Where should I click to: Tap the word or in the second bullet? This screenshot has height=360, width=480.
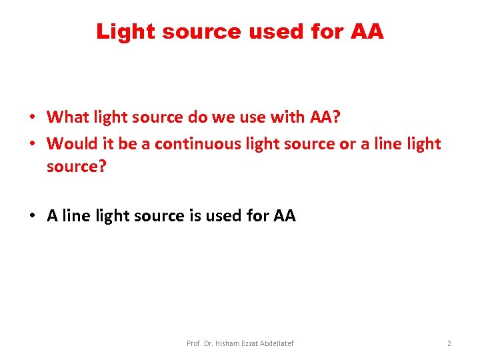(x=348, y=143)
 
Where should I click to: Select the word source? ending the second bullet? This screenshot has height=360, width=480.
(x=76, y=167)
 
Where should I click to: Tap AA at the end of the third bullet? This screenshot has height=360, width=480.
(x=284, y=216)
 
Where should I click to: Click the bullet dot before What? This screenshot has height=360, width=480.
(x=31, y=118)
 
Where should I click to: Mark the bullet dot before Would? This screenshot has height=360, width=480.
(x=31, y=144)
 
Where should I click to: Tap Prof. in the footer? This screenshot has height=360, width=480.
(x=194, y=343)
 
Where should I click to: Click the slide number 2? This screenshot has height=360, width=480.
(x=449, y=343)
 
